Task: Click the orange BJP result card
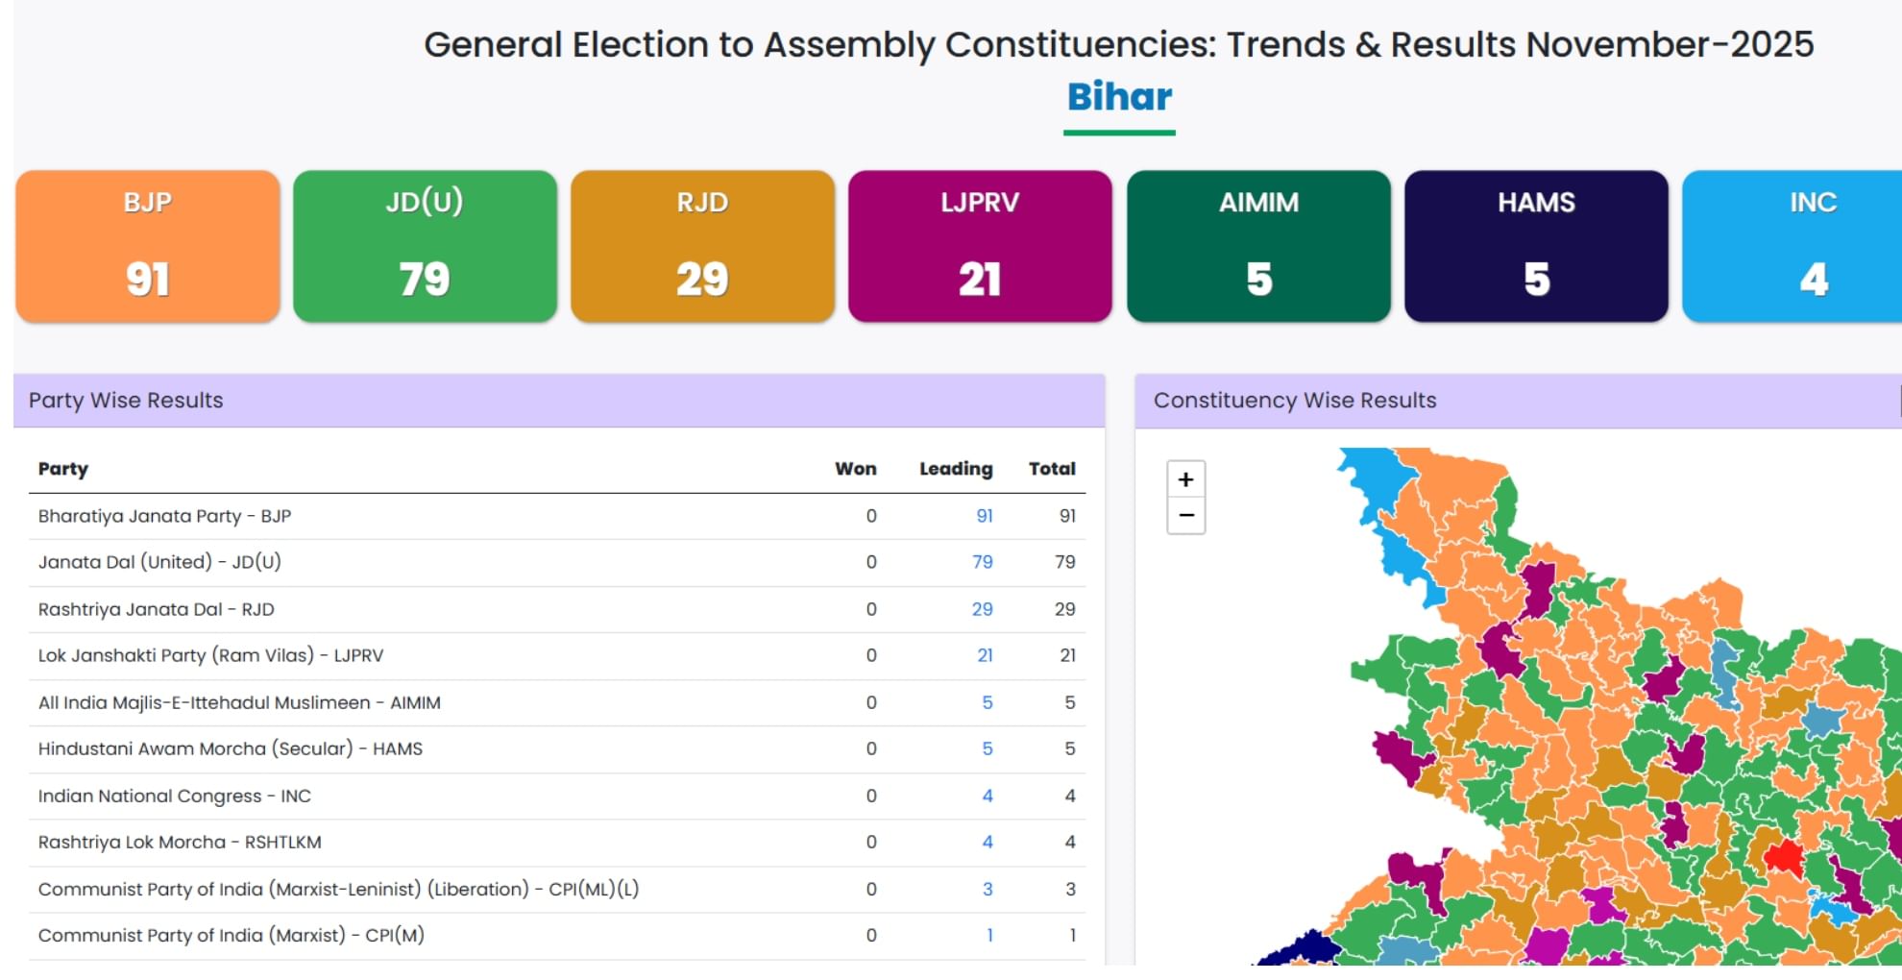click(x=147, y=246)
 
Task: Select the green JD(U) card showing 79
click(x=425, y=246)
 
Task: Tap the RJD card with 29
click(x=702, y=246)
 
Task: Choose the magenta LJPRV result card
click(x=980, y=246)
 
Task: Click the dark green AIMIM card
click(x=1258, y=246)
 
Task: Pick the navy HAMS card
click(x=1536, y=246)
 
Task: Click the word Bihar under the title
click(x=1119, y=97)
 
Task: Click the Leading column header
click(x=956, y=469)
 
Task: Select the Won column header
click(x=855, y=469)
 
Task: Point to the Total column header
click(x=1052, y=469)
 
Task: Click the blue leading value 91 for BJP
click(x=985, y=516)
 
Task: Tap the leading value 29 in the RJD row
click(x=982, y=609)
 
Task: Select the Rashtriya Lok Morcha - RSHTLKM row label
click(x=180, y=843)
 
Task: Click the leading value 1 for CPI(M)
click(x=989, y=936)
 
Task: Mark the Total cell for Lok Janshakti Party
click(x=1067, y=655)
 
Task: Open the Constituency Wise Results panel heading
click(x=1295, y=401)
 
